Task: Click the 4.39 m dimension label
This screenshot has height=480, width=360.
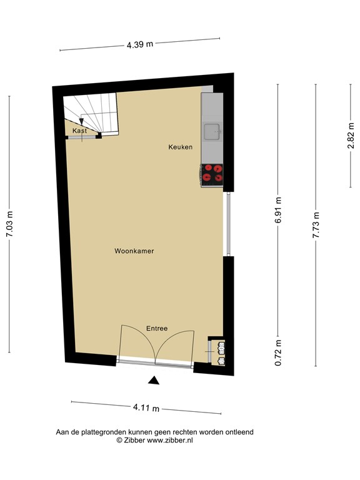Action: (140, 44)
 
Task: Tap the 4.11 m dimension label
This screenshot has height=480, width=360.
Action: (146, 407)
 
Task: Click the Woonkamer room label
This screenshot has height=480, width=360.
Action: (134, 251)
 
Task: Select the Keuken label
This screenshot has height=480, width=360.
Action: (180, 147)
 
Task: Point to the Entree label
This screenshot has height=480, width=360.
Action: (157, 328)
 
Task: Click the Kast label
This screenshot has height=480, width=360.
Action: (79, 131)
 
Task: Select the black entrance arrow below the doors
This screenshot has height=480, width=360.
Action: (154, 379)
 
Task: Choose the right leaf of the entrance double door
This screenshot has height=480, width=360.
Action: (176, 345)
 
